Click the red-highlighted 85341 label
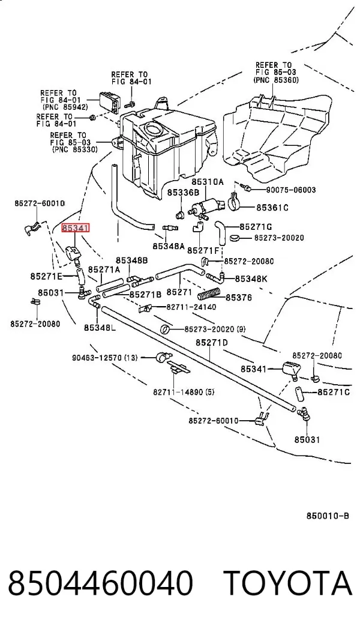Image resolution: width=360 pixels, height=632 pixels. [75, 229]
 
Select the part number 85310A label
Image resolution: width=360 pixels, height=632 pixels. [207, 182]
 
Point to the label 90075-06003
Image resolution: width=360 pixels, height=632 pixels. [290, 190]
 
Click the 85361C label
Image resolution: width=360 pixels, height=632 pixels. [272, 208]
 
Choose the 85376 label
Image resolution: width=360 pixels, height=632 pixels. [239, 298]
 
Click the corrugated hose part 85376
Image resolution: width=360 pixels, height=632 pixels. [209, 295]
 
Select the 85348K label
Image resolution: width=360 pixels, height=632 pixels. [251, 278]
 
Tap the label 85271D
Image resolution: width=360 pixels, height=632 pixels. [212, 343]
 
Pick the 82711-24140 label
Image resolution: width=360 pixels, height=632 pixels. [191, 307]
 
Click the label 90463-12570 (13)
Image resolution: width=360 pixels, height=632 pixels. [105, 358]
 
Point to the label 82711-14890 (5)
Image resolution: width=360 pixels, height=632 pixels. [184, 391]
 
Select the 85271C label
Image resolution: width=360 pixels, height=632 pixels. [334, 392]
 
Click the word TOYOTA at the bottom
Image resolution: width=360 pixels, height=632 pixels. [288, 583]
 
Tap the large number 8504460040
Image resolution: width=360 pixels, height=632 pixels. [100, 583]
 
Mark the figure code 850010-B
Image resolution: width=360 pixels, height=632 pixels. [328, 516]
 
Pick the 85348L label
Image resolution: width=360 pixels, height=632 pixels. [100, 328]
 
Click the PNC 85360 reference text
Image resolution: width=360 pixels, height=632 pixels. [276, 80]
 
